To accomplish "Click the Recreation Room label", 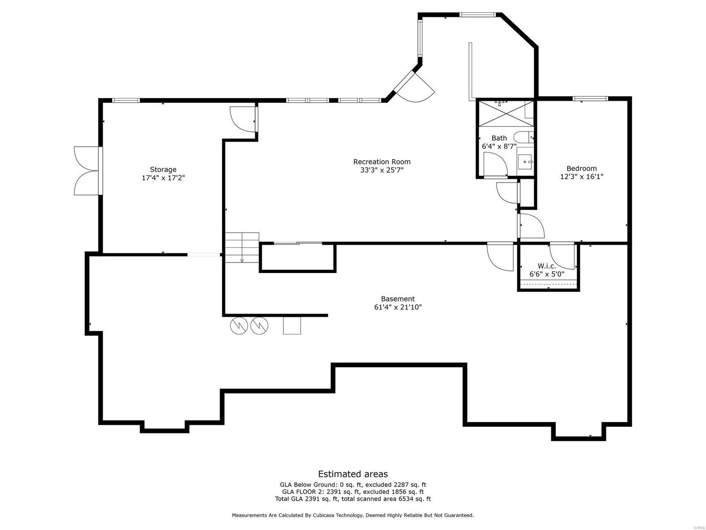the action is (382, 162).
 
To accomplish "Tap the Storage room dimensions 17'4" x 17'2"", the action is (163, 178).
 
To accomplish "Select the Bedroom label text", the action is (581, 168).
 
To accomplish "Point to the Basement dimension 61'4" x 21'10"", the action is (398, 307).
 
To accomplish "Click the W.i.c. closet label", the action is (546, 266).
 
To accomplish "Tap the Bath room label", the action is (499, 138).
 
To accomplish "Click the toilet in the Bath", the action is (523, 137).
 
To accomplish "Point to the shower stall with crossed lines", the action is (506, 114).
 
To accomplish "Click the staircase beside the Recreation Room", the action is (241, 247).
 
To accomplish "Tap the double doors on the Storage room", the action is (87, 170).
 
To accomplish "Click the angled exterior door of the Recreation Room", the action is (414, 87).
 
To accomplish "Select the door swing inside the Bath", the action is (496, 164).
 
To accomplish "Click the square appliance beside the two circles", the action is (292, 326).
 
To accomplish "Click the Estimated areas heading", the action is (353, 474).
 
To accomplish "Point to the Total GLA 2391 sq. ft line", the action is (353, 499).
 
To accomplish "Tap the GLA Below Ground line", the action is (353, 485).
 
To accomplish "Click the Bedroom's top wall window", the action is (590, 98).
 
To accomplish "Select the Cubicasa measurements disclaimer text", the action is (353, 515).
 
